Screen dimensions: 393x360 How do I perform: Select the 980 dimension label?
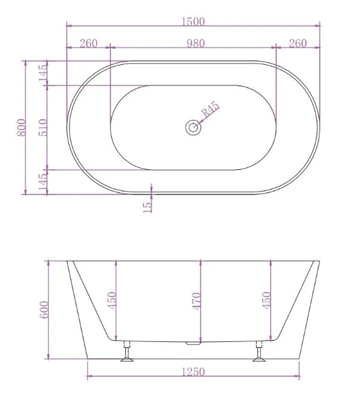click(195, 43)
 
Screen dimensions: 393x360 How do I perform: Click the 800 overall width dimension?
click(21, 127)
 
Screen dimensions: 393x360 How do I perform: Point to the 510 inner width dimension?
click(43, 127)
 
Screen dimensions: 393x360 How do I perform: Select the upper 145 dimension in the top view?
click(43, 73)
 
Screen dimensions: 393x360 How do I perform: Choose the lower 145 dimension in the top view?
click(43, 181)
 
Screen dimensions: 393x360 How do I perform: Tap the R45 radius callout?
click(211, 110)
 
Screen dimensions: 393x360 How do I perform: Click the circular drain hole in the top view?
click(193, 127)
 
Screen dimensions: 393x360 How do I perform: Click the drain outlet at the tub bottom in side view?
click(192, 344)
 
